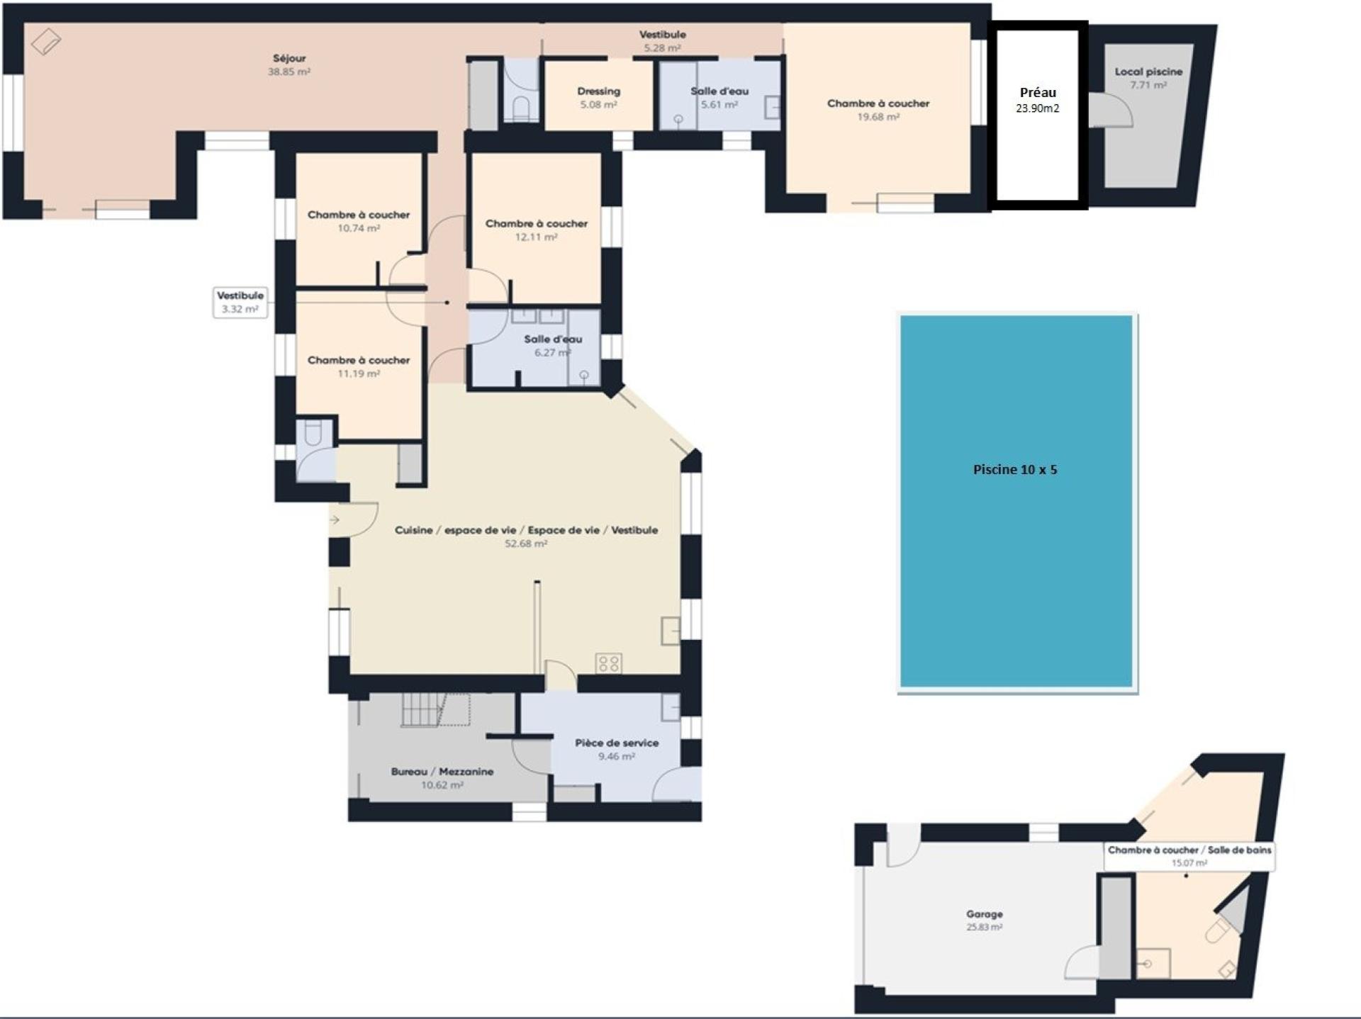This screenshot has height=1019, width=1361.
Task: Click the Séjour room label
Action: click(289, 58)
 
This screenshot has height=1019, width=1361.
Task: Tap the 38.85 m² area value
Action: click(289, 72)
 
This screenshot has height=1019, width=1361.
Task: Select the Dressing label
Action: click(599, 91)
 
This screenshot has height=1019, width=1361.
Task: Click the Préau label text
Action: click(1038, 92)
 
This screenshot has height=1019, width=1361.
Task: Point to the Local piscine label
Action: click(1148, 72)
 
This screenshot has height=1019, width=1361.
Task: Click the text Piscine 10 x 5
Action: click(1015, 469)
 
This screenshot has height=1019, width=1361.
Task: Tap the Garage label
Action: click(985, 914)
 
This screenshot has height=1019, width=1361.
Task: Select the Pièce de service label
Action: click(617, 743)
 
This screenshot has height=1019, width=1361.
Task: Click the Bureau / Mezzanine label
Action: click(442, 772)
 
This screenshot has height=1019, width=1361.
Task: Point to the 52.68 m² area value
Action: click(526, 544)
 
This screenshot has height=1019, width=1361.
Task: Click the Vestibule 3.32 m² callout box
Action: click(240, 302)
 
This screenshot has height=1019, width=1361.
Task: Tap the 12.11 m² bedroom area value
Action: click(536, 237)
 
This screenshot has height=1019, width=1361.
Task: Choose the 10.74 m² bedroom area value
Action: click(359, 228)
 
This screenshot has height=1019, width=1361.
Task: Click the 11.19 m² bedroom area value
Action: click(359, 373)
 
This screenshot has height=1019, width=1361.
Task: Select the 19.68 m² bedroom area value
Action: click(878, 117)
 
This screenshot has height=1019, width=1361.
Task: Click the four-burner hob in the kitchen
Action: click(609, 663)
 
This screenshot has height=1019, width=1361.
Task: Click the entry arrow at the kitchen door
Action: click(335, 520)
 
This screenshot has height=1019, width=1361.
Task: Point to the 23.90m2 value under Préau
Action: click(1038, 108)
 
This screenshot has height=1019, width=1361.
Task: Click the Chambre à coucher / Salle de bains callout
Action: click(1189, 856)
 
